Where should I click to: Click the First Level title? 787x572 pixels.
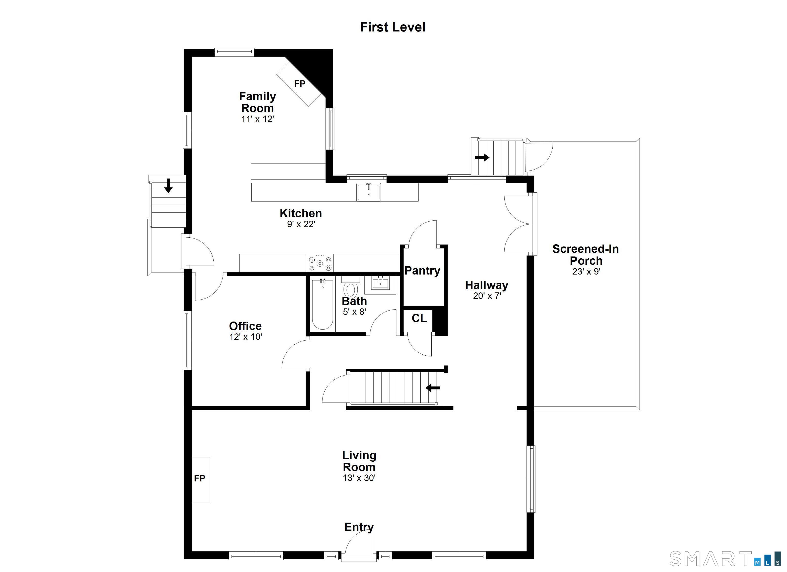point(392,27)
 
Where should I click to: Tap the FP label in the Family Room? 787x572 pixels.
point(299,83)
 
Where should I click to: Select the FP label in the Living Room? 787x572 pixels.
point(200,478)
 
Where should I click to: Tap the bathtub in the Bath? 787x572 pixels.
point(323,304)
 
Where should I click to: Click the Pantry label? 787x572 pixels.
point(422,271)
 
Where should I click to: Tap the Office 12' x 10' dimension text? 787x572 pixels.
point(245,337)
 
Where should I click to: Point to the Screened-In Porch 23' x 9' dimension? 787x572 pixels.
point(586,271)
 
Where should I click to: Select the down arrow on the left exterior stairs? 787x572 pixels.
point(168,186)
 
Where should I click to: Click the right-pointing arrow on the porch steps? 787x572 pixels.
point(482,158)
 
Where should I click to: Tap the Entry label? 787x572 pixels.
point(359,527)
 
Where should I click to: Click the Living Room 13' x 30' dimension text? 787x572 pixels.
point(359,478)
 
